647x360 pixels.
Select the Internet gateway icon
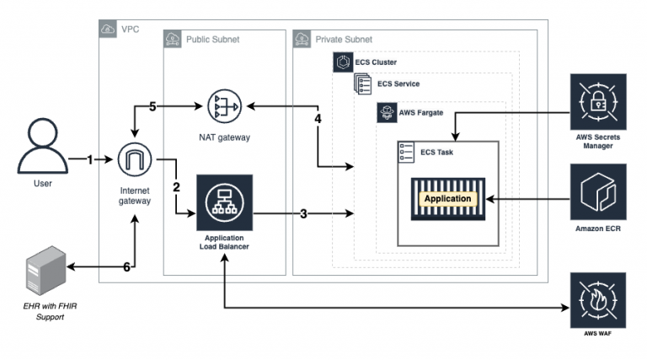pyautogui.click(x=135, y=158)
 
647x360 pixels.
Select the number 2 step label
pyautogui.click(x=177, y=186)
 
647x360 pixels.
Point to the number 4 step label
pyautogui.click(x=318, y=119)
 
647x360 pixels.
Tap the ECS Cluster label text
pyautogui.click(x=374, y=62)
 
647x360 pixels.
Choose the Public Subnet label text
pyautogui.click(x=212, y=39)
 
